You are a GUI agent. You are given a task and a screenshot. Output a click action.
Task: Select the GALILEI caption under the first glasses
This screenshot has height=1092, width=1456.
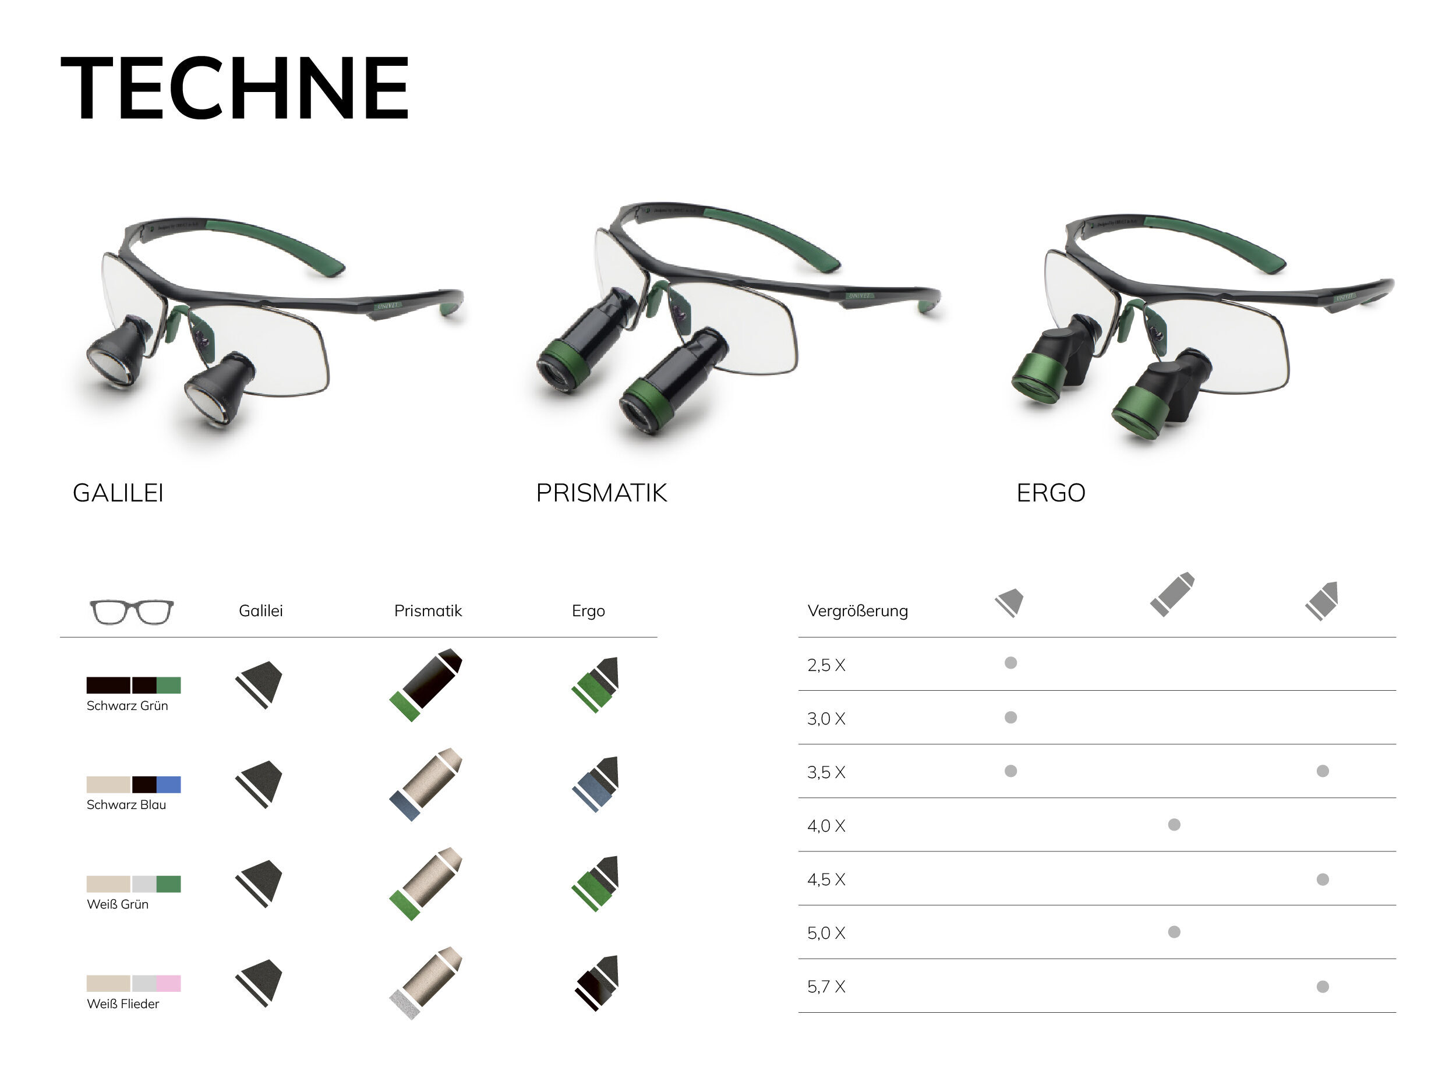pyautogui.click(x=118, y=492)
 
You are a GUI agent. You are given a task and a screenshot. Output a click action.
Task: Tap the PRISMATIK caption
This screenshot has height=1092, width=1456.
pyautogui.click(x=602, y=492)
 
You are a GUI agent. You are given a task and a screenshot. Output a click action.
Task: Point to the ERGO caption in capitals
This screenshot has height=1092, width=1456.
pyautogui.click(x=1051, y=492)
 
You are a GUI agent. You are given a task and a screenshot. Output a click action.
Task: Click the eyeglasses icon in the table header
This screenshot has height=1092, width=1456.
pyautogui.click(x=132, y=612)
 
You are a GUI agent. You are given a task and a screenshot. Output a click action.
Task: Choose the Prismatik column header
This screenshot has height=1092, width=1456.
pyautogui.click(x=428, y=610)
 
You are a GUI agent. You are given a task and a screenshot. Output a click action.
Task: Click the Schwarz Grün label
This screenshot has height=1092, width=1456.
pyautogui.click(x=128, y=706)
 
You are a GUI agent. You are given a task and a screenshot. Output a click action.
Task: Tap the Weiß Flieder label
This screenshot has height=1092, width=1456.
pyautogui.click(x=123, y=1004)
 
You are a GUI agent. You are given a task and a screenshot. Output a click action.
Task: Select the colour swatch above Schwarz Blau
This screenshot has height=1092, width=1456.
pyautogui.click(x=133, y=784)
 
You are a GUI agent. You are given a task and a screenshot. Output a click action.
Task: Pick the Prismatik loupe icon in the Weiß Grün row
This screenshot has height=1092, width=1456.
pyautogui.click(x=426, y=884)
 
